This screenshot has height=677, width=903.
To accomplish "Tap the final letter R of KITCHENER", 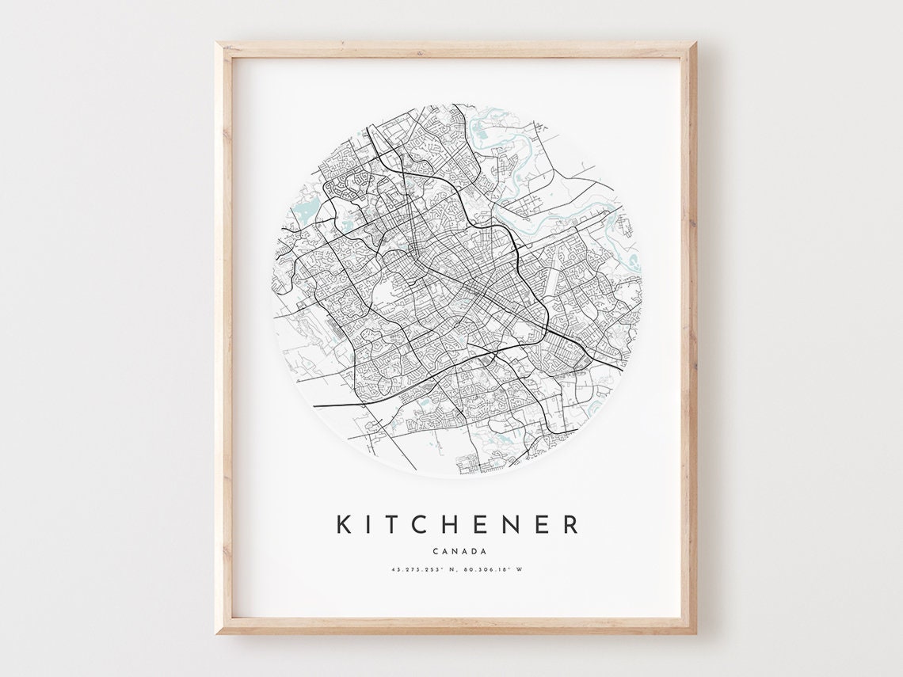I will (570, 524).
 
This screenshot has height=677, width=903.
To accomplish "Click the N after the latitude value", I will (448, 569).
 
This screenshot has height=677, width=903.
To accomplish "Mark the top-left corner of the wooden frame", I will (217, 44).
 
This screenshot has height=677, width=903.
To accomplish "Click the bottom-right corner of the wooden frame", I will (695, 633).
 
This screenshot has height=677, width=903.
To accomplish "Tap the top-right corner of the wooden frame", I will (695, 44).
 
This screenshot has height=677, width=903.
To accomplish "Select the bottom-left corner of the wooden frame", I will (217, 633).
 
